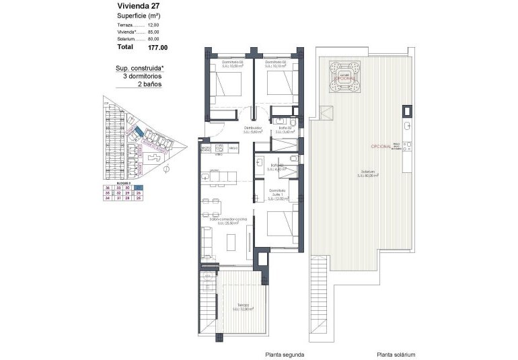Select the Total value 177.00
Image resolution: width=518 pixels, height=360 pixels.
(159, 48)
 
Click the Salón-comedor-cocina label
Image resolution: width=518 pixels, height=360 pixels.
(228, 221)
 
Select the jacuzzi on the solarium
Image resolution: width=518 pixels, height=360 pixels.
(346, 73)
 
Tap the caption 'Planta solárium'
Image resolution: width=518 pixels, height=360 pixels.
(396, 355)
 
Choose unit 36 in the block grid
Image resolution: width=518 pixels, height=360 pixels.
(108, 188)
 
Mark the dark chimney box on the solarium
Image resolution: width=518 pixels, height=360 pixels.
(408, 110)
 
